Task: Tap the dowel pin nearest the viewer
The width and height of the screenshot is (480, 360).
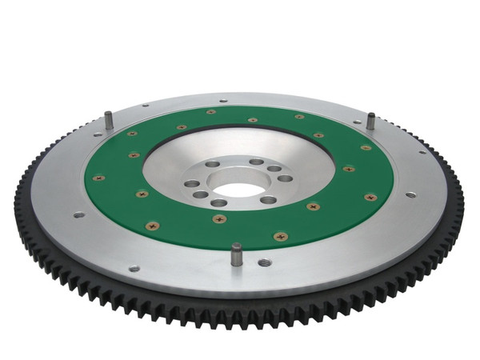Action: [237, 255]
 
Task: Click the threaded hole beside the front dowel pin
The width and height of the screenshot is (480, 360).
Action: [264, 262]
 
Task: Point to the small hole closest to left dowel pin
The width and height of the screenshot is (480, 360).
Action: [145, 106]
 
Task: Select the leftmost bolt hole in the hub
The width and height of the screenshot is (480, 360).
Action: [193, 183]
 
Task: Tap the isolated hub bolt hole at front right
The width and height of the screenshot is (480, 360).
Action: [268, 199]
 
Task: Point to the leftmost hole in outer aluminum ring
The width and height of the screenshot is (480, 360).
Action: [78, 214]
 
